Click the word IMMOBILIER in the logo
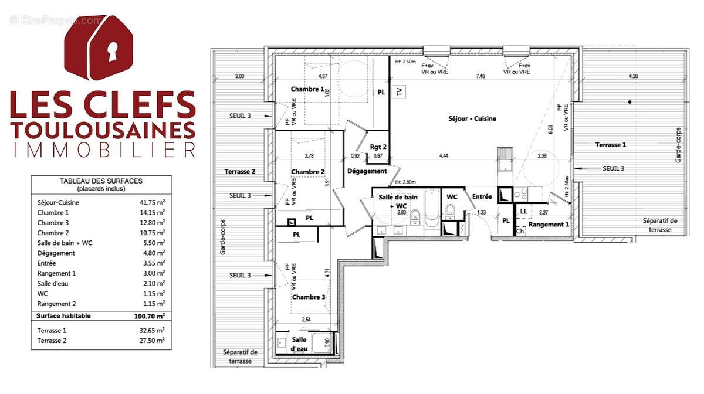tap(104, 149)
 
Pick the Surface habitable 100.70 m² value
tap(149, 316)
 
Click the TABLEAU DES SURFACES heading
tap(101, 182)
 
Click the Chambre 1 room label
tap(307, 89)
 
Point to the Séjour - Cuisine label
tap(472, 118)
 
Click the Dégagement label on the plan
tap(367, 171)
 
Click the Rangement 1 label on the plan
tap(549, 225)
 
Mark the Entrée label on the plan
tap(482, 197)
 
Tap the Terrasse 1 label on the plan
tap(611, 144)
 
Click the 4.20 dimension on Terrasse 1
tap(632, 76)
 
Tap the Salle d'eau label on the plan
tap(299, 344)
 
